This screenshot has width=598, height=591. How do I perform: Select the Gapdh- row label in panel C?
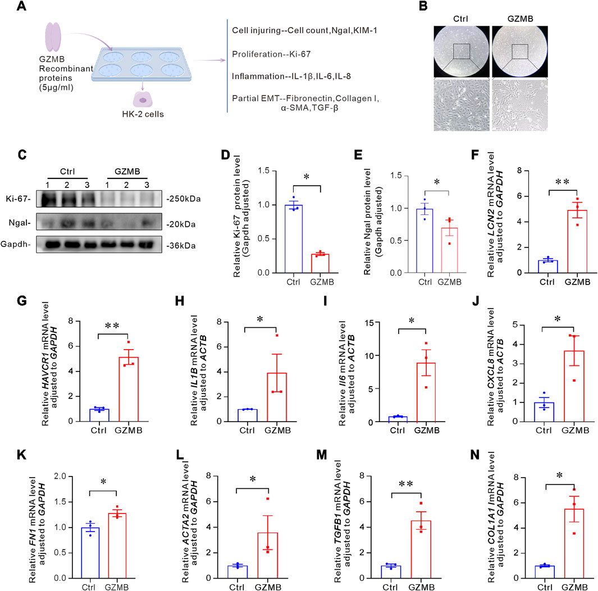pyautogui.click(x=25, y=245)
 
